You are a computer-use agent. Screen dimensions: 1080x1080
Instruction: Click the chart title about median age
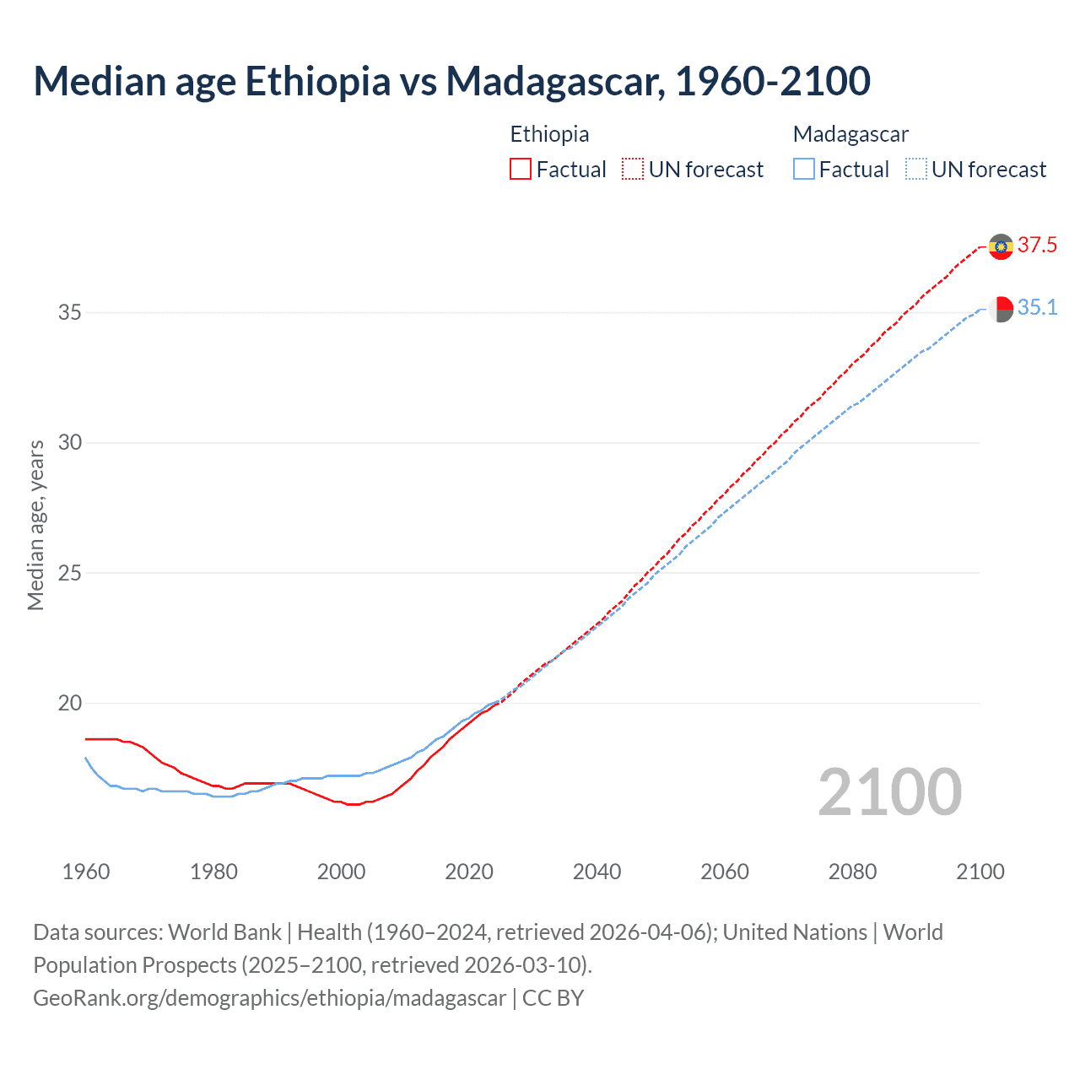[x=451, y=82]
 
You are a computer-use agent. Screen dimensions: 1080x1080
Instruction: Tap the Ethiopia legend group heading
[x=549, y=134]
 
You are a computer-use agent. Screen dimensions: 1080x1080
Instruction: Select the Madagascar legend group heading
[x=850, y=134]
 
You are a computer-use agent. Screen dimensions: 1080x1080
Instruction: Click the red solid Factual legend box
[x=521, y=170]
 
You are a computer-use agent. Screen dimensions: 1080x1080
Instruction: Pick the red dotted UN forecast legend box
[x=633, y=170]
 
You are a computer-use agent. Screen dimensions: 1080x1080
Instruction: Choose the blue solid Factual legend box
[x=804, y=170]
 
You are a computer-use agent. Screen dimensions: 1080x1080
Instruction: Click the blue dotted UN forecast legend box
[x=915, y=170]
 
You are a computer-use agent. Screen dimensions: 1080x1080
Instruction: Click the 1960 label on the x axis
[x=86, y=872]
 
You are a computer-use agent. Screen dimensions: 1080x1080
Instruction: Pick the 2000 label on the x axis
[x=341, y=872]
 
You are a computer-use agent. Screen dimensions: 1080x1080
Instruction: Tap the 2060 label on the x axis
[x=725, y=872]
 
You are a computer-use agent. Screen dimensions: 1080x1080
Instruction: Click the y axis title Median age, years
[x=35, y=525]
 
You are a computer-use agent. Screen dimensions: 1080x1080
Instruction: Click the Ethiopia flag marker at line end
[x=1001, y=246]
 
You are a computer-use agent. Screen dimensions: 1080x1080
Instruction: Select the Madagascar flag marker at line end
[x=1001, y=309]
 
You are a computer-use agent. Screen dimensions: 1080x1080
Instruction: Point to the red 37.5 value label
[x=1037, y=246]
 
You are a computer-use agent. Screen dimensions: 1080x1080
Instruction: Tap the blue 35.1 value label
[x=1037, y=308]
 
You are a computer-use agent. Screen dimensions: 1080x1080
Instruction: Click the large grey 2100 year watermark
[x=889, y=791]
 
